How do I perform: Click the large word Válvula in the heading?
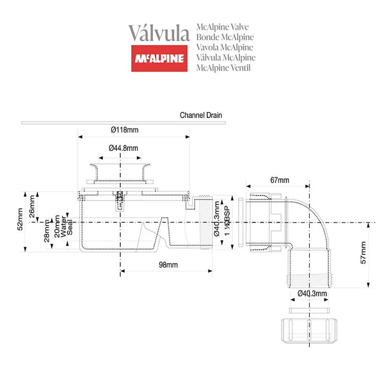tap(159, 33)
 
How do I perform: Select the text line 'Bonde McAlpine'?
tap(225, 38)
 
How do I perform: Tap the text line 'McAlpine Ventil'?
tap(223, 68)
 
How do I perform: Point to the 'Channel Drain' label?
tap(201, 115)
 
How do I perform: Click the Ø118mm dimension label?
tap(124, 130)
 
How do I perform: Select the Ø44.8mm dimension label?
tap(123, 148)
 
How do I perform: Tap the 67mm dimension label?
tap(280, 180)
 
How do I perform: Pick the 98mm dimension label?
tap(168, 265)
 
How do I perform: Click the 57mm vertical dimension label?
tap(363, 255)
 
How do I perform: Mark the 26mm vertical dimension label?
tap(32, 207)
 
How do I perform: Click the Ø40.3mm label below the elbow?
tap(312, 293)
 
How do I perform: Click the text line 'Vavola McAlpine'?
tap(225, 48)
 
